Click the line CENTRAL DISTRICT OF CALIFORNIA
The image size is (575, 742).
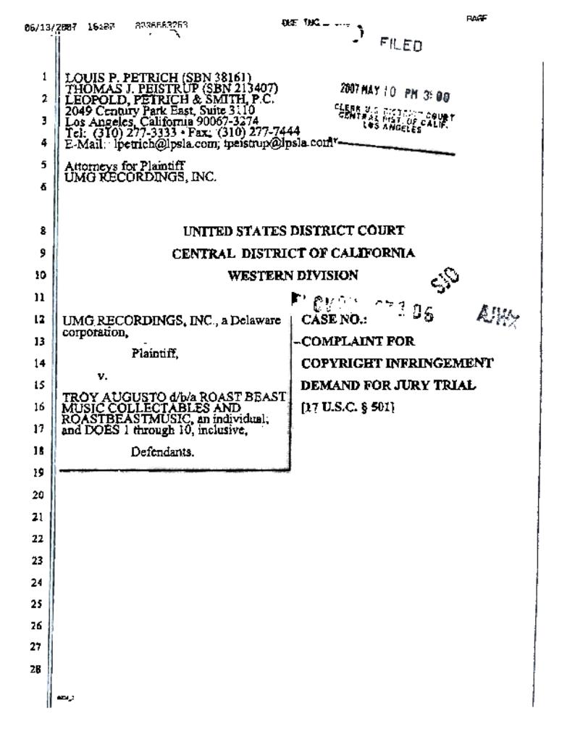point(293,253)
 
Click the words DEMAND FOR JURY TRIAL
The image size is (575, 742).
point(388,386)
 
